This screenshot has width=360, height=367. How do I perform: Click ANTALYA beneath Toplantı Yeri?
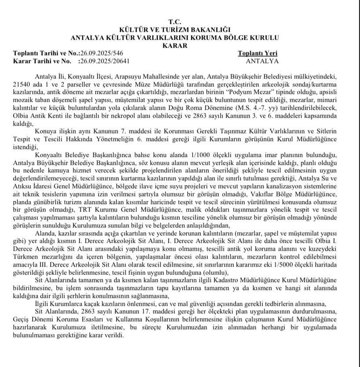coord(262,61)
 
